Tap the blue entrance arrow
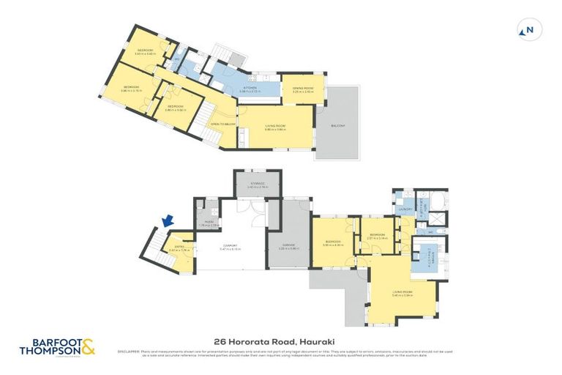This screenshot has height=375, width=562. (x=168, y=220)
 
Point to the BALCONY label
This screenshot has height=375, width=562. (x=337, y=126)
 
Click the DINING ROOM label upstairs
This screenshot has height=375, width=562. (x=302, y=89)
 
